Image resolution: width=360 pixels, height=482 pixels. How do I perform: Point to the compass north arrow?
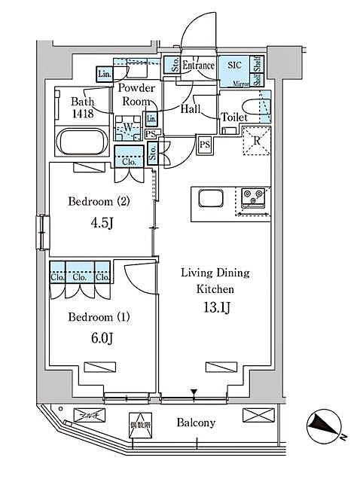(326, 428)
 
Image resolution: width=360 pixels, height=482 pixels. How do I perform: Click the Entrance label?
(199, 65)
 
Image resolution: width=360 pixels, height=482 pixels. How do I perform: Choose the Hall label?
(189, 109)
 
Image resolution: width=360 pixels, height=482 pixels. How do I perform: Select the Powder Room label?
(136, 95)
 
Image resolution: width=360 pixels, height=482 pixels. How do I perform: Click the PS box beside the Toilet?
(204, 144)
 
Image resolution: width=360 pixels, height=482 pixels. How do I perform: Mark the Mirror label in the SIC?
(239, 84)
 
